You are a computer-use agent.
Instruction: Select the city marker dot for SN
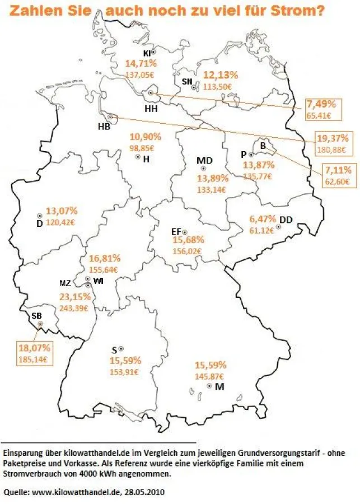(x=193, y=87)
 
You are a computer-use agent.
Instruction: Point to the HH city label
(x=151, y=108)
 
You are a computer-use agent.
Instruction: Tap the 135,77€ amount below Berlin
(x=258, y=176)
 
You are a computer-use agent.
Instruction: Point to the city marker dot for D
(x=40, y=216)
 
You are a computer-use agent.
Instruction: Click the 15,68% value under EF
(x=189, y=240)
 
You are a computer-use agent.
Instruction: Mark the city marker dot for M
(x=209, y=386)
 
